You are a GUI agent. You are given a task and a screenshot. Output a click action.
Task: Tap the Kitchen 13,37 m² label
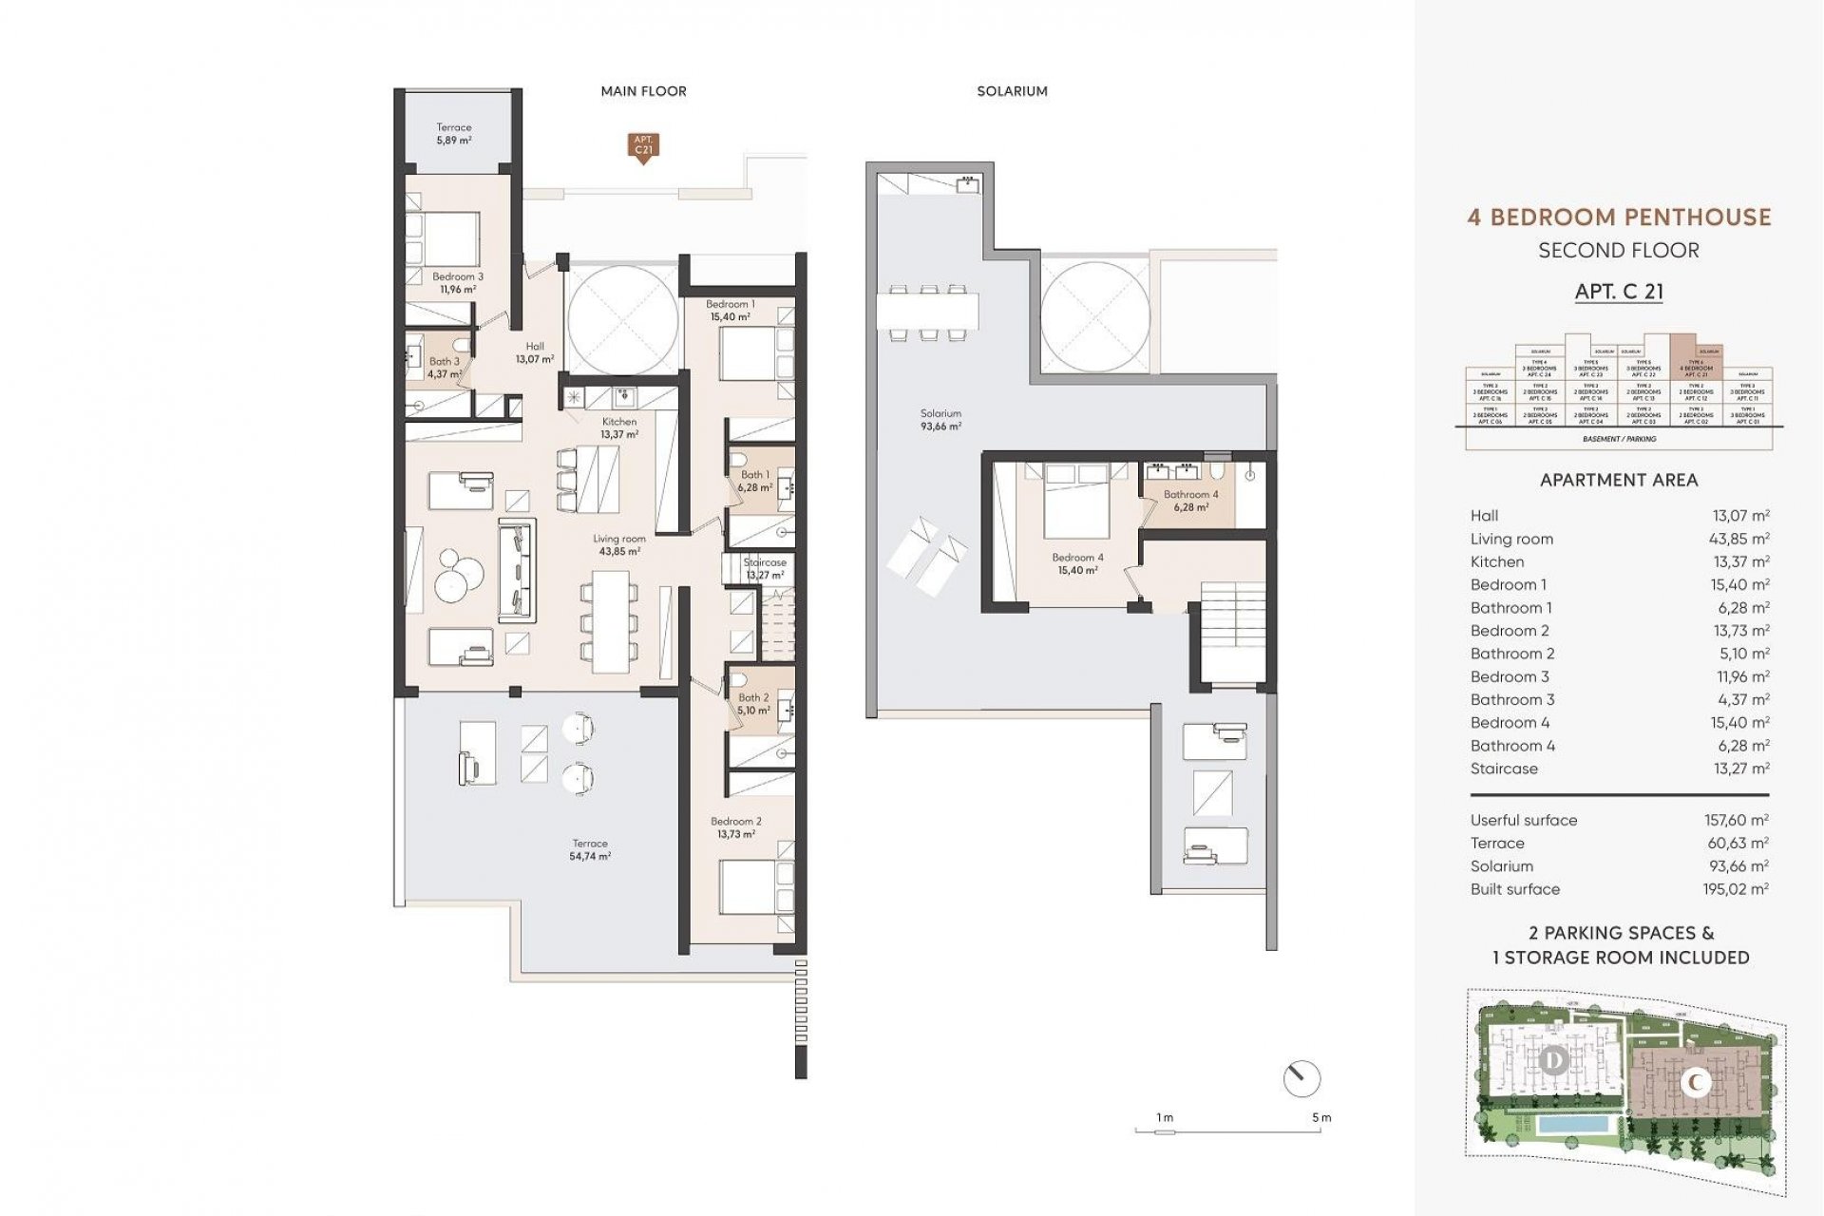pyautogui.click(x=619, y=427)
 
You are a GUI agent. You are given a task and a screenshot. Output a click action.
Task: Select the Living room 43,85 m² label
pyautogui.click(x=619, y=544)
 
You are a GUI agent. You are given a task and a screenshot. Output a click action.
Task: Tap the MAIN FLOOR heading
pyautogui.click(x=643, y=91)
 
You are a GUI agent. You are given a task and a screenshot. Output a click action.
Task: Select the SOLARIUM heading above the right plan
pyautogui.click(x=1012, y=91)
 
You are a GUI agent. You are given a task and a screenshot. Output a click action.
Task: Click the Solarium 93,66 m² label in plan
pyautogui.click(x=940, y=420)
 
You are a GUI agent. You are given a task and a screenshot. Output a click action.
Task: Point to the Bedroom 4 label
pyautogui.click(x=1077, y=563)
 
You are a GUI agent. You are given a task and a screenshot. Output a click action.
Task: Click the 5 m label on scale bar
pyautogui.click(x=1321, y=1118)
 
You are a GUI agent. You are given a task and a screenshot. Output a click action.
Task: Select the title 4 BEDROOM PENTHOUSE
pyautogui.click(x=1619, y=218)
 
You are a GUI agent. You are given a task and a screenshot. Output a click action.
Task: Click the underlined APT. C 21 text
pyautogui.click(x=1619, y=292)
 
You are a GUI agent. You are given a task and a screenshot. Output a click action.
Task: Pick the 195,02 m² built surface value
pyautogui.click(x=1736, y=889)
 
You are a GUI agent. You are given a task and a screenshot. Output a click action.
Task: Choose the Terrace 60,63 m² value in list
pyautogui.click(x=1736, y=844)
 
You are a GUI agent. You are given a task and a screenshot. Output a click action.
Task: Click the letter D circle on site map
pyautogui.click(x=1554, y=1059)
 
